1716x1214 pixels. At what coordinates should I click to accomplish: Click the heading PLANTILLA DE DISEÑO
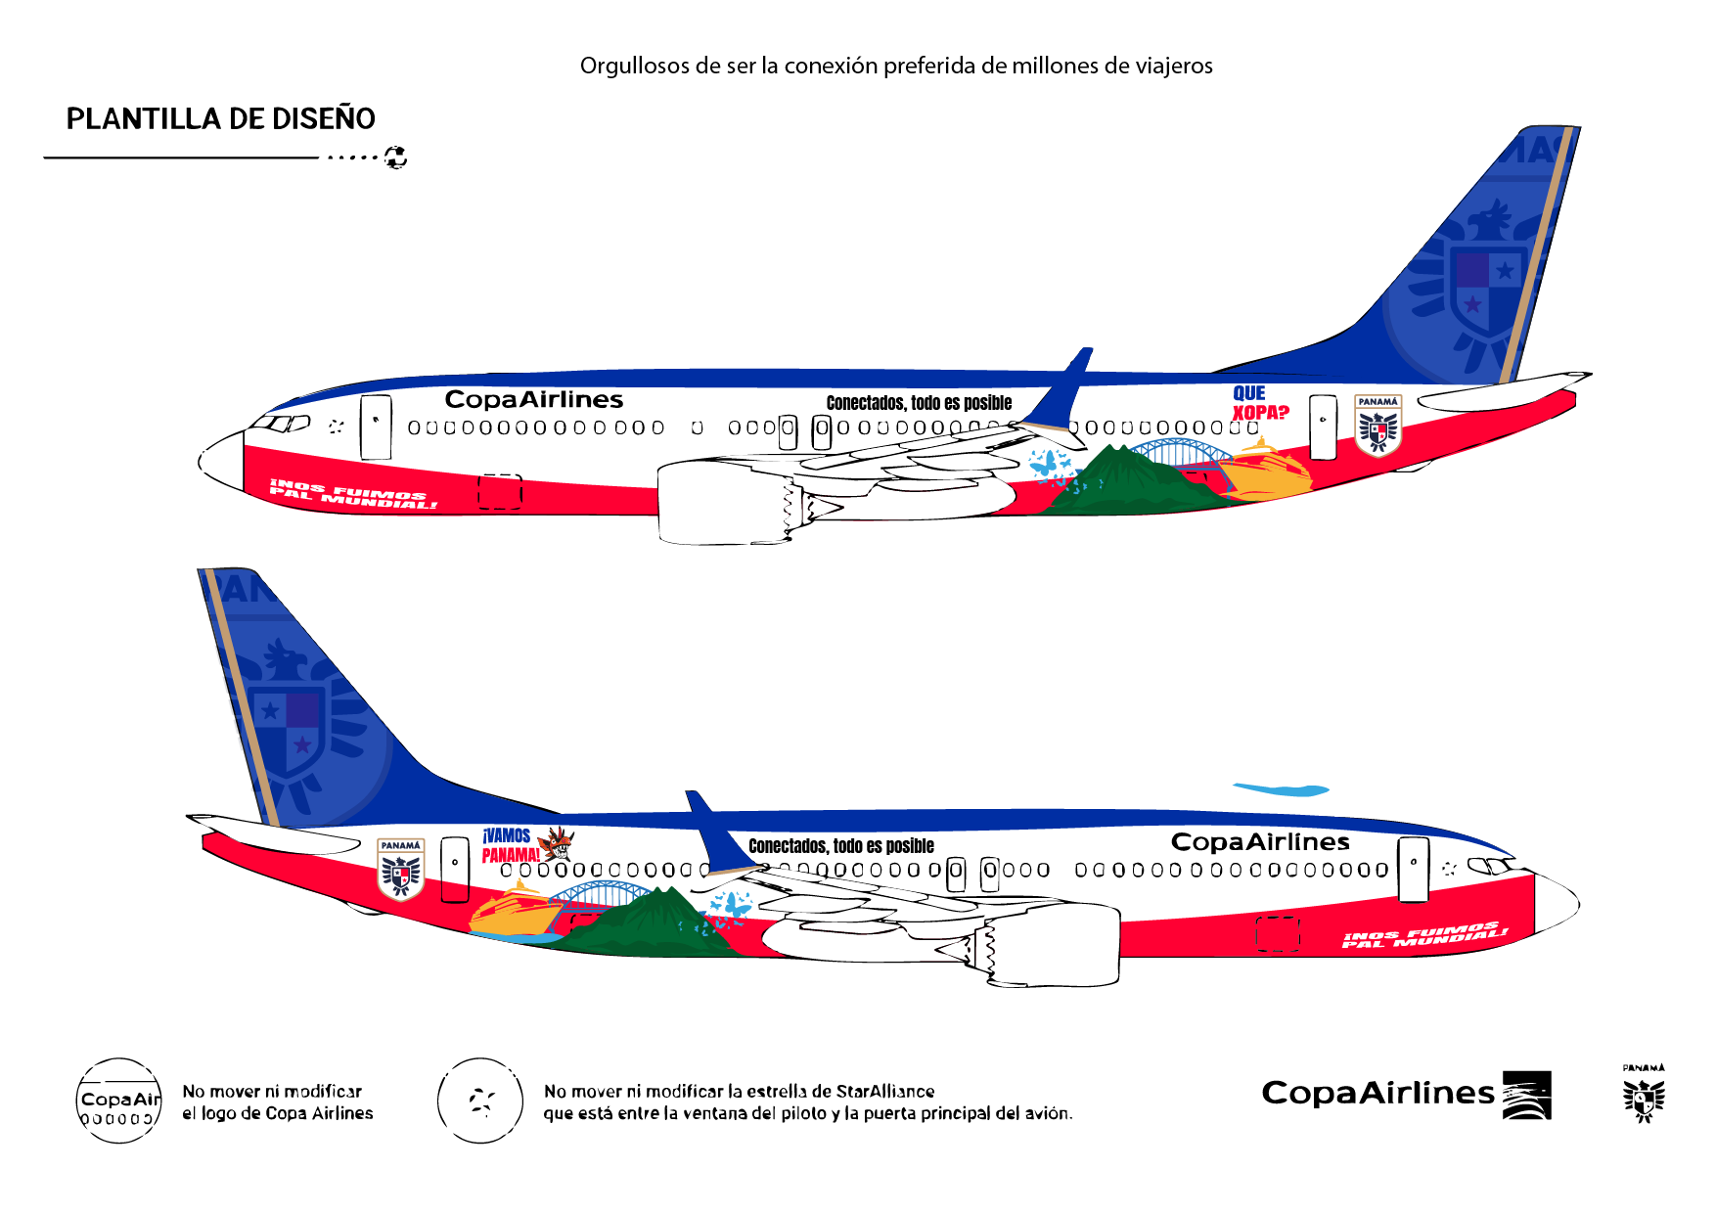tap(220, 118)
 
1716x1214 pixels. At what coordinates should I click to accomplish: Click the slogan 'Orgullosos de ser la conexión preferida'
tap(895, 66)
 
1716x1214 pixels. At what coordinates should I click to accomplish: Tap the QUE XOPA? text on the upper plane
tap(1259, 403)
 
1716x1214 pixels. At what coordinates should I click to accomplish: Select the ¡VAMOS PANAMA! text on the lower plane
tap(509, 845)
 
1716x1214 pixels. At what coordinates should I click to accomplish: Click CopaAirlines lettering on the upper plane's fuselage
tap(533, 399)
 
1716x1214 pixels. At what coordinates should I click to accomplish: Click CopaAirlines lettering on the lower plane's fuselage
tap(1260, 842)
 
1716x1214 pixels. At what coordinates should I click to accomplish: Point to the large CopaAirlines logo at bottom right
tap(1405, 1094)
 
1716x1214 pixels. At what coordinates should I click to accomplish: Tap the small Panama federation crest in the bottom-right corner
tap(1644, 1096)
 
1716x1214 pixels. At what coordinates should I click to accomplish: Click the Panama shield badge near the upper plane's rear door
tap(1377, 425)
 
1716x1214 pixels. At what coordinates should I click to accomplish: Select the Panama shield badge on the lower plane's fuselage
tap(401, 869)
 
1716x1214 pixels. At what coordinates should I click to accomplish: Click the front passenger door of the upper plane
tap(376, 427)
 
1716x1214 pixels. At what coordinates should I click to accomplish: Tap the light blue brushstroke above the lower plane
tap(1282, 789)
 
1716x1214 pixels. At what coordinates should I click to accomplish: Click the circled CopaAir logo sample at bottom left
tap(119, 1101)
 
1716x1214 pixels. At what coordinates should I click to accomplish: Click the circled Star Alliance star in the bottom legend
tap(480, 1101)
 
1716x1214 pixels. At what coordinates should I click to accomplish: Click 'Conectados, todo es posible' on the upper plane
tap(919, 403)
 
